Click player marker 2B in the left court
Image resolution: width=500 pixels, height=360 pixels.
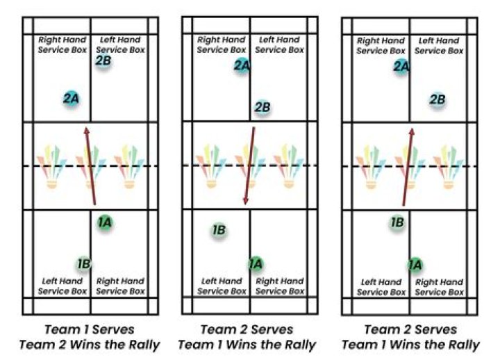click(103, 60)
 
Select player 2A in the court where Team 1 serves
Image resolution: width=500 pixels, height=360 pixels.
click(71, 99)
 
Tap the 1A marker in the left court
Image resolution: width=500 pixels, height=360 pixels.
click(105, 222)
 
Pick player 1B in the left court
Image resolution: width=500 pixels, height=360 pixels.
click(84, 264)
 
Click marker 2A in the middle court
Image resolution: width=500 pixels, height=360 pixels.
click(242, 66)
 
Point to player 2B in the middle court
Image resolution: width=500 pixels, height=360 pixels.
click(262, 107)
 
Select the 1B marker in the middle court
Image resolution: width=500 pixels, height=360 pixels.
click(219, 230)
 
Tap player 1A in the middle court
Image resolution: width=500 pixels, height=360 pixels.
click(256, 264)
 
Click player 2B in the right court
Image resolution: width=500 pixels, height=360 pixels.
click(437, 99)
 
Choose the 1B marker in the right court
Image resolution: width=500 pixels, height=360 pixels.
click(397, 222)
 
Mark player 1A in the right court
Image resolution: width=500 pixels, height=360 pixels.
click(415, 265)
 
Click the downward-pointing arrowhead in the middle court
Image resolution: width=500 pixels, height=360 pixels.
click(246, 201)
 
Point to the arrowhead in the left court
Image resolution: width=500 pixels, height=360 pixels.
click(86, 130)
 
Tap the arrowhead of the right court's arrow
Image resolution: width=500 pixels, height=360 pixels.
click(412, 131)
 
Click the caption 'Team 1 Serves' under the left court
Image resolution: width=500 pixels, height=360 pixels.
click(90, 329)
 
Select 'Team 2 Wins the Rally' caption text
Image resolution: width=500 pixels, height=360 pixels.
click(90, 345)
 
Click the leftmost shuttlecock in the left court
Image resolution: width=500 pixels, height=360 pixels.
click(51, 167)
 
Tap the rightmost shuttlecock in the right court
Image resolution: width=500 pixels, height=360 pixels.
click(449, 167)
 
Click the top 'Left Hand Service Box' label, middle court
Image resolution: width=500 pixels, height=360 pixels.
click(279, 44)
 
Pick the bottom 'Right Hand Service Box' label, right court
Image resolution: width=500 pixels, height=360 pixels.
click(439, 287)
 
